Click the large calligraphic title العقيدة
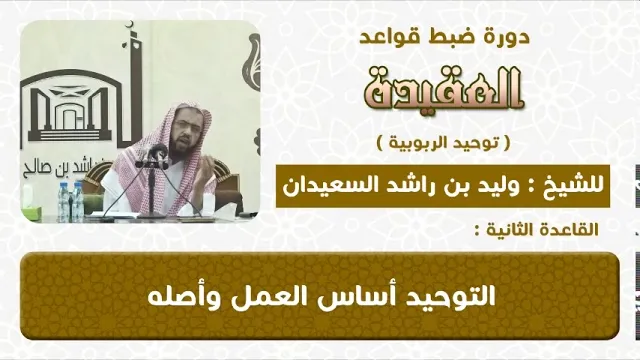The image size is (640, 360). pos(444,89)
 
